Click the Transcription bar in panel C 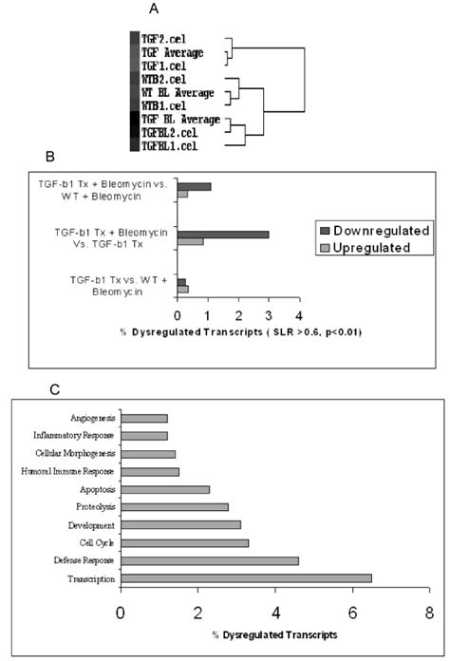pos(246,577)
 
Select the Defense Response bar pos(210,560)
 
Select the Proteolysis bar pos(175,507)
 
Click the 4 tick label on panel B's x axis pos(299,315)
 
